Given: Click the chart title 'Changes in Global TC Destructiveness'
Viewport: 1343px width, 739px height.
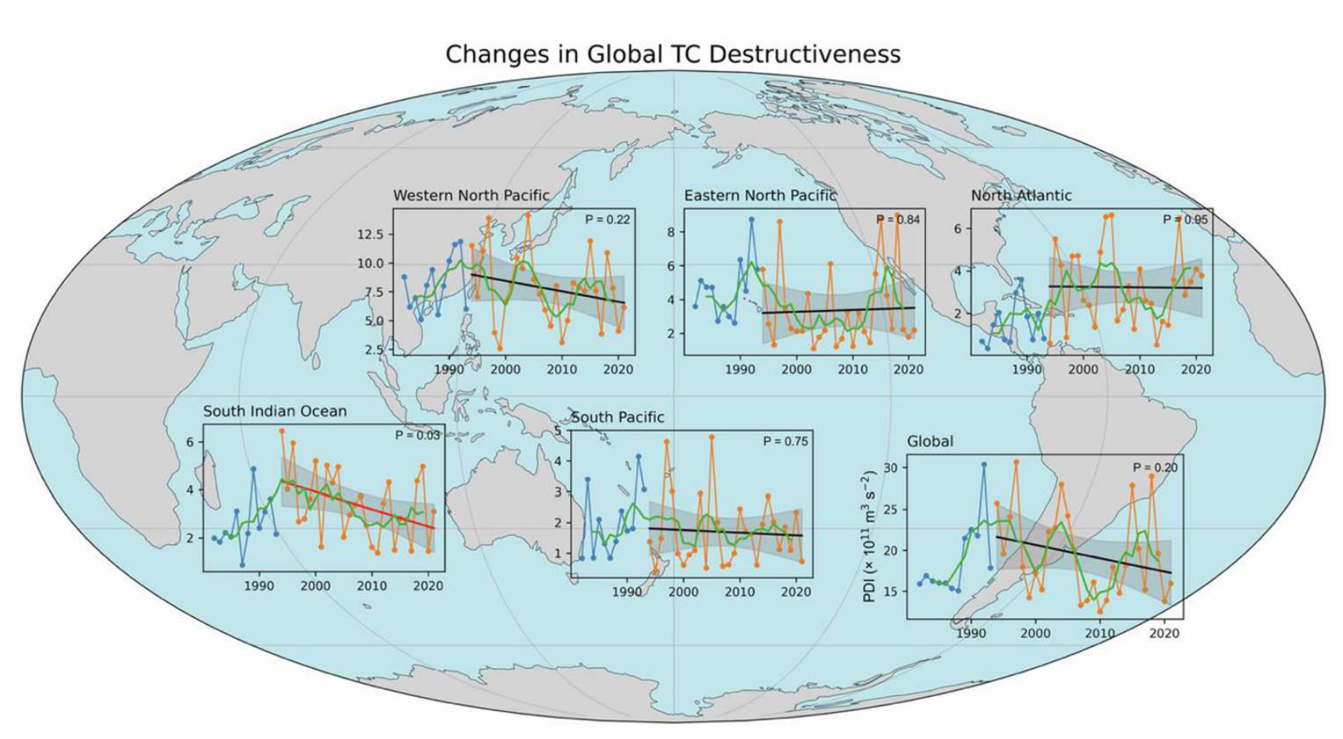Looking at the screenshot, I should coord(672,54).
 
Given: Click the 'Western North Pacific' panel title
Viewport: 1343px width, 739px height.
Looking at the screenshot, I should coord(471,195).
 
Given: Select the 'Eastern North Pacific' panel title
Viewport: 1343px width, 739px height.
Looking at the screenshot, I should coord(760,195).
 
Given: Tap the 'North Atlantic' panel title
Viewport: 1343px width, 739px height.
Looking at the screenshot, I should coord(1021,195).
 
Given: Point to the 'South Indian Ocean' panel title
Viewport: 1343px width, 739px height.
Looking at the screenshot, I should coord(275,411).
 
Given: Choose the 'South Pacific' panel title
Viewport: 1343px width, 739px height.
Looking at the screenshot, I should coord(617,417).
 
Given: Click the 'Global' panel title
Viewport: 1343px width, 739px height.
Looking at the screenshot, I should coord(929,441).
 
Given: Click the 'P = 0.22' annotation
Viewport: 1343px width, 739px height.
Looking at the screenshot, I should coord(607,220).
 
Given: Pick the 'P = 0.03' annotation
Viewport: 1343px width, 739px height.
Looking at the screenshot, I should coord(417,435).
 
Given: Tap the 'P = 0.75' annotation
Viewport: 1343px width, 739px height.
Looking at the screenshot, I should coord(785,441).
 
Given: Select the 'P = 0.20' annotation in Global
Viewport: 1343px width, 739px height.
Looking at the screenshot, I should coord(1155,467).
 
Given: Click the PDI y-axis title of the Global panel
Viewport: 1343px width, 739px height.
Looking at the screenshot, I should coord(869,537).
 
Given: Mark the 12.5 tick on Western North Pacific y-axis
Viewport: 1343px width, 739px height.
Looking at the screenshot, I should coord(370,234).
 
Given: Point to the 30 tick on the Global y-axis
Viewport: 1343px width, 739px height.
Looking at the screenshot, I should coord(889,468).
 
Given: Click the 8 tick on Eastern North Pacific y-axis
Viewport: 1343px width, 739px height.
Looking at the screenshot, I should coord(670,232).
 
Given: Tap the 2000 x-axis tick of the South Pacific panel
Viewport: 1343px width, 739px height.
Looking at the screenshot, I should coord(683,591).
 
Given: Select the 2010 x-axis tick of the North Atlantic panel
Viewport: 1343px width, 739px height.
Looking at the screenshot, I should coord(1139,369).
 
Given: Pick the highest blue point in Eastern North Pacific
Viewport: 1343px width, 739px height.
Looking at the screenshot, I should coord(751,220).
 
